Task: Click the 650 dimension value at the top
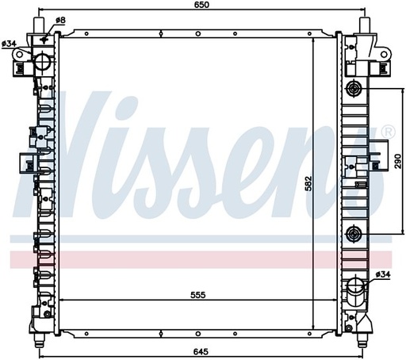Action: (x=201, y=5)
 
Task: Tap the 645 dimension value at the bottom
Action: (x=201, y=352)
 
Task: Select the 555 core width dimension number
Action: (x=198, y=295)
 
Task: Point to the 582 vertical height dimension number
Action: (x=308, y=183)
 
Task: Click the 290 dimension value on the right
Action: (x=398, y=161)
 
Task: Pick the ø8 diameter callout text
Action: (x=60, y=20)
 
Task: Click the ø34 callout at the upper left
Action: (x=9, y=44)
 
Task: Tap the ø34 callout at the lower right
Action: (x=383, y=274)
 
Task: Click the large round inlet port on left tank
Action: (x=42, y=61)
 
